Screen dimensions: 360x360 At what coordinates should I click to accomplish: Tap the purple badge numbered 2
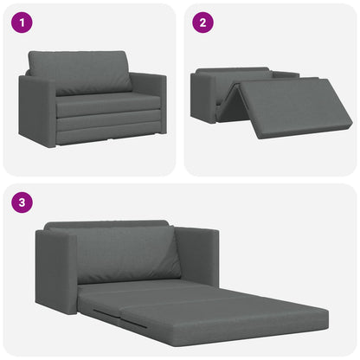pos(202,23)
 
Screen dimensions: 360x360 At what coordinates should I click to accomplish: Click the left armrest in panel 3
pos(55,270)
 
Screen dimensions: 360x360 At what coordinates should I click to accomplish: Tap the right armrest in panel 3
pos(197,255)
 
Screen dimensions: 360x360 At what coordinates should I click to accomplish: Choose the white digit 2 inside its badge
pos(202,23)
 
